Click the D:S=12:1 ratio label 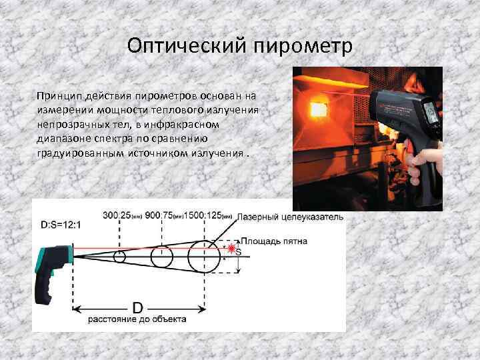[61, 225]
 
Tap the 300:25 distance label [119, 215]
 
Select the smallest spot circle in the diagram [120, 257]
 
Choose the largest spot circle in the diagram [202, 257]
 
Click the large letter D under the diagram [137, 307]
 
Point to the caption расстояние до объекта [137, 319]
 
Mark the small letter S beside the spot [239, 253]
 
